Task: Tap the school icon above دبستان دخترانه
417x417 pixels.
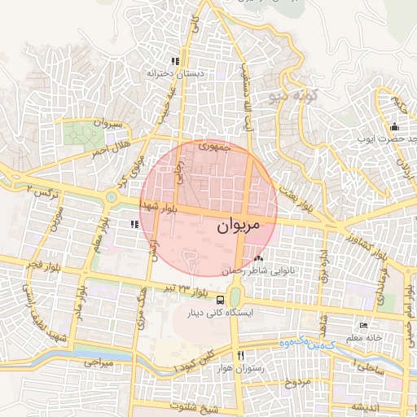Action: pos(174,61)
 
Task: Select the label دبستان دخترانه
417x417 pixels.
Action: pos(173,73)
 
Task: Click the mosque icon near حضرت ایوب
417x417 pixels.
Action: pos(394,126)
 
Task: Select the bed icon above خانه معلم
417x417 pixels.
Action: pos(363,326)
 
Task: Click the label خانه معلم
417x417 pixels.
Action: pos(363,338)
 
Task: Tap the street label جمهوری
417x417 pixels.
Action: pos(226,148)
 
